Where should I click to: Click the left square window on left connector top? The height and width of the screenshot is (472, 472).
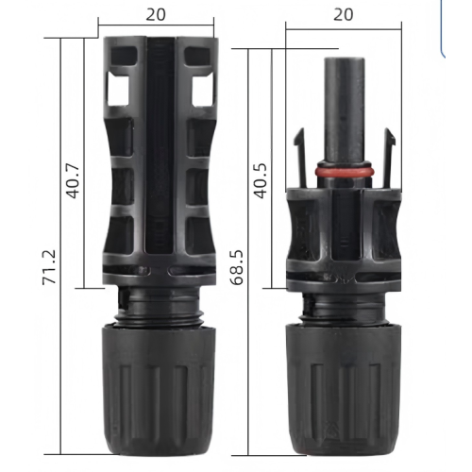tap(120, 89)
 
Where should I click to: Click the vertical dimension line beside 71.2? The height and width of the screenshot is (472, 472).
tap(63, 189)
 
